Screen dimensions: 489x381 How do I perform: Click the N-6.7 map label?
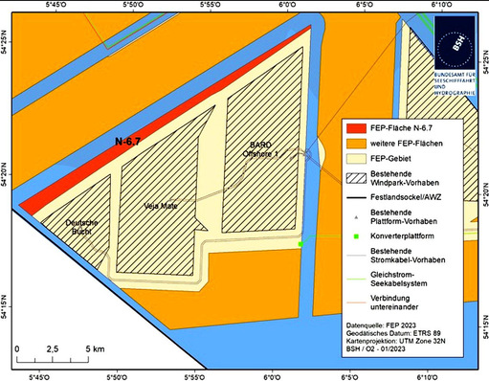point(129,142)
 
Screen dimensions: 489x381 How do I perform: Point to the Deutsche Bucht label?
point(82,227)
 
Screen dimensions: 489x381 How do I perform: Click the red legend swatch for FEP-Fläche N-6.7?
point(360,127)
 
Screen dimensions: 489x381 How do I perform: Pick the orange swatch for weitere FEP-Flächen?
point(360,143)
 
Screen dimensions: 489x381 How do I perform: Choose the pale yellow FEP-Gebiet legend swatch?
point(360,158)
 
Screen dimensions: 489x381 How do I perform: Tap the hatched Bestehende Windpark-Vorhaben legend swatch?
point(360,177)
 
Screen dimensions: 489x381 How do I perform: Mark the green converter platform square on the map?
point(300,245)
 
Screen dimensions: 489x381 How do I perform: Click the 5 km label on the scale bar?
point(93,349)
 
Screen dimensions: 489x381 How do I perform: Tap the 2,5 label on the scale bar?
point(54,349)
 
